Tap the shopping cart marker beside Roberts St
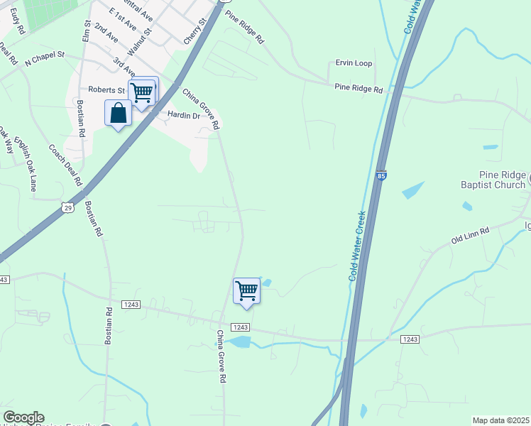tap(142, 92)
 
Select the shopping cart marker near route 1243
tap(246, 290)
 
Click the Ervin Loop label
tap(354, 64)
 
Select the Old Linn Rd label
tap(471, 236)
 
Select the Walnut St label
tap(139, 43)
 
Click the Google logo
tap(23, 417)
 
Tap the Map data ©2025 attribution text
tap(500, 420)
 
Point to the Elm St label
tap(87, 31)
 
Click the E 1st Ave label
tap(123, 20)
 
